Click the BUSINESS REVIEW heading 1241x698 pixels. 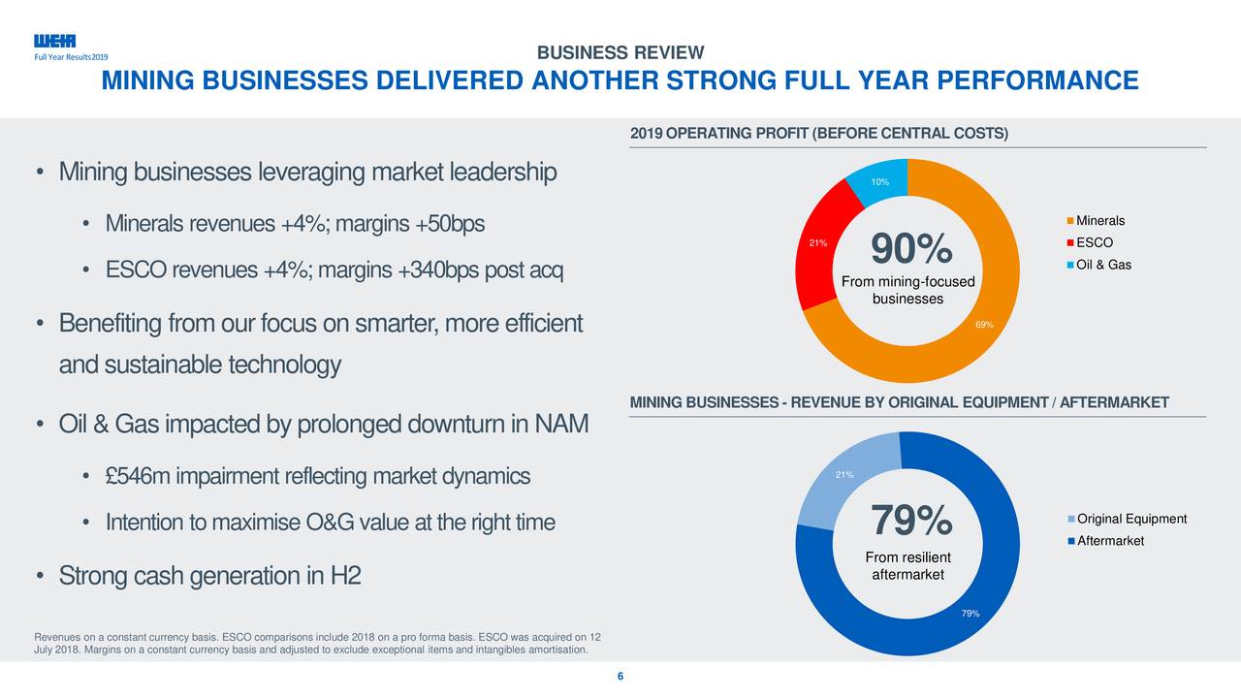point(620,52)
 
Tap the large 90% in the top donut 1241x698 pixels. point(910,250)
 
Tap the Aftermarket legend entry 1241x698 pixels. point(1110,540)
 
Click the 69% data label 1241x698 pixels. point(984,325)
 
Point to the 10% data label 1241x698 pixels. point(879,183)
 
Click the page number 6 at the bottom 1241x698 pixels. point(620,677)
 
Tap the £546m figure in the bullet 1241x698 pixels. point(139,477)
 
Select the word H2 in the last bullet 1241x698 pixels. point(345,577)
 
